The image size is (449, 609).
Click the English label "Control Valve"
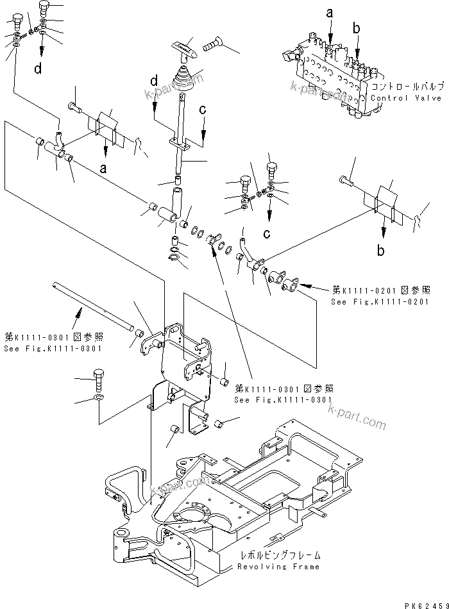click(x=407, y=98)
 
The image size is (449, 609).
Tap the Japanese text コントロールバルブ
click(x=407, y=86)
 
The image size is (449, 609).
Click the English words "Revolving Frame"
click(x=278, y=567)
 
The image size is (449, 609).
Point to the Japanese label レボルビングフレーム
click(x=278, y=556)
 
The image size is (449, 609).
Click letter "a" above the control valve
click(x=330, y=12)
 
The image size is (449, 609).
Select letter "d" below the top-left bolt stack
click(x=38, y=69)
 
